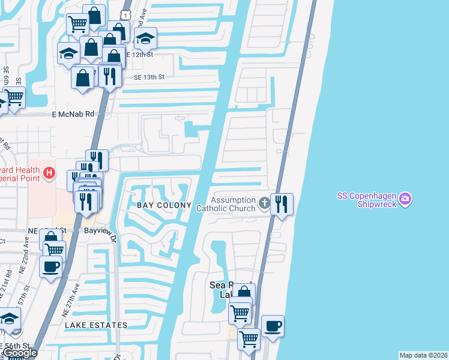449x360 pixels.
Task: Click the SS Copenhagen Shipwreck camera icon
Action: click(x=405, y=199)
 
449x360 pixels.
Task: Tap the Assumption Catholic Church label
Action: click(x=234, y=204)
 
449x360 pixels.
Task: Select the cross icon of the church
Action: click(x=264, y=204)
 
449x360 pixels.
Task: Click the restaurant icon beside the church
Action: click(x=282, y=205)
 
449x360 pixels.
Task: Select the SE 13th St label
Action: click(x=149, y=77)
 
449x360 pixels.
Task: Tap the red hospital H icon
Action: click(x=50, y=174)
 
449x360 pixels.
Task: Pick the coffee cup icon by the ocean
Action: click(x=273, y=326)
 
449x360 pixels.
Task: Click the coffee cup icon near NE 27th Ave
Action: click(x=51, y=266)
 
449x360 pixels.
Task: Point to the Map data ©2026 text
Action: click(x=423, y=355)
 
